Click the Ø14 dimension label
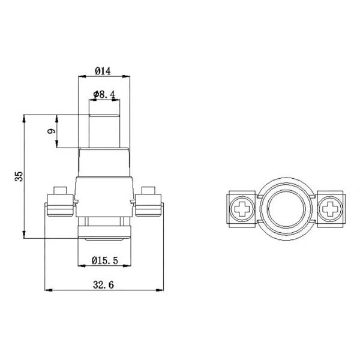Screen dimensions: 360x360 pyautogui.click(x=104, y=71)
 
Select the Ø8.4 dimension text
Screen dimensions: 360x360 pyautogui.click(x=106, y=94)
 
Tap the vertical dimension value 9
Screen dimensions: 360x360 pyautogui.click(x=52, y=131)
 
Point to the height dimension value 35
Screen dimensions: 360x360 pyautogui.click(x=19, y=176)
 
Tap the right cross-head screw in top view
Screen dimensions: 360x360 pyautogui.click(x=328, y=209)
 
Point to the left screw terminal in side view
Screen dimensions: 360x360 pyautogui.click(x=60, y=203)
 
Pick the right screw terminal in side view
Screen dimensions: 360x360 pyautogui.click(x=148, y=203)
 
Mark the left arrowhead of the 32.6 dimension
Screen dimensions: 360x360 pyautogui.click(x=49, y=290)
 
